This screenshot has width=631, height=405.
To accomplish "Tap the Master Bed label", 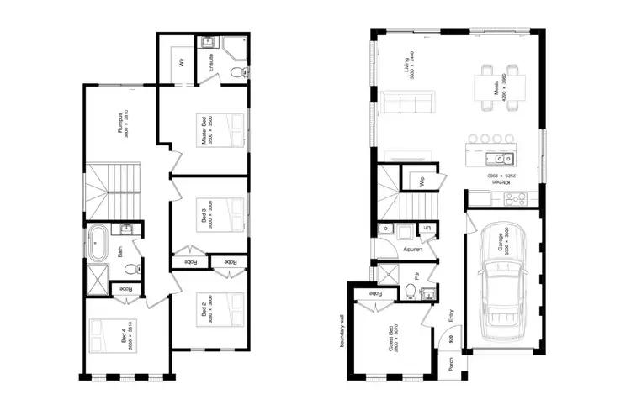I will (x=204, y=131).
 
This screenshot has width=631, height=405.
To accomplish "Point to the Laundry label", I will (x=410, y=250).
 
